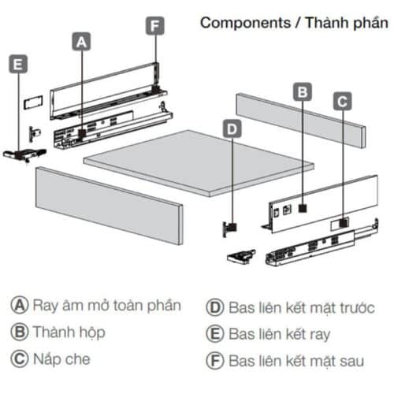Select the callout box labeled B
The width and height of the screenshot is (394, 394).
pos(303,91)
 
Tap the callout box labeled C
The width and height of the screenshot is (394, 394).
pos(341,101)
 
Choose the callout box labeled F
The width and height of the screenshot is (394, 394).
pos(155,25)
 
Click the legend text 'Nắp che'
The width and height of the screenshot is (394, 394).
pos(61,359)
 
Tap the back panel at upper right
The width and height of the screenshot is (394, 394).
pos(299,118)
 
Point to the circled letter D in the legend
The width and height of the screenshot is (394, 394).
pos(214,306)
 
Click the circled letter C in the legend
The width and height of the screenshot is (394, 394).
pos(18,359)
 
